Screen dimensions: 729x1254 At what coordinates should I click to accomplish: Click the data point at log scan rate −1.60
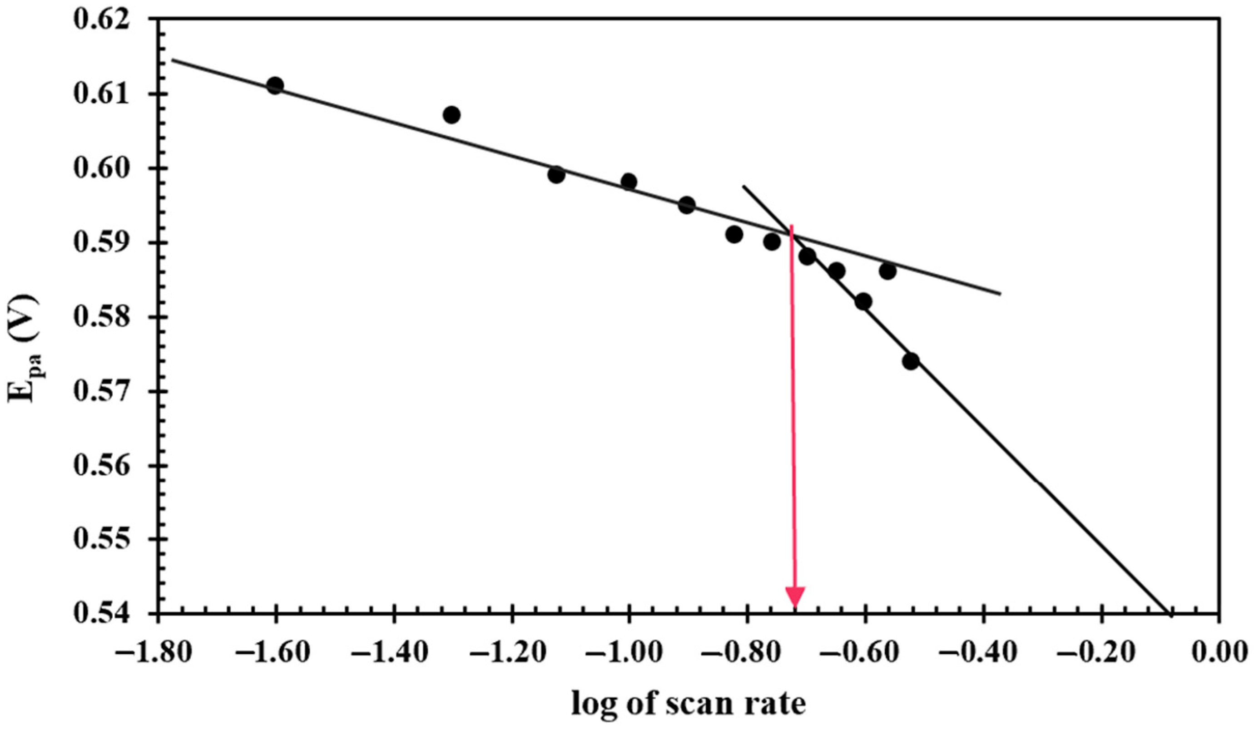pos(275,85)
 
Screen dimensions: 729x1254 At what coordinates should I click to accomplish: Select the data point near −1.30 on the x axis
pos(451,115)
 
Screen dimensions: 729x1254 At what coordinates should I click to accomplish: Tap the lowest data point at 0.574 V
pos(911,361)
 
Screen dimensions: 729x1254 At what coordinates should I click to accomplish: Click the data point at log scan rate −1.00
pos(629,182)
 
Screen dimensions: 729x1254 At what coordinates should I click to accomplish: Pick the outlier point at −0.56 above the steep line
pos(888,271)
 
